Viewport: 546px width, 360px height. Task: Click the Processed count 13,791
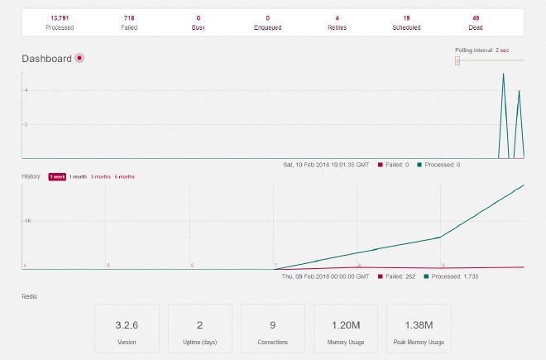coord(60,17)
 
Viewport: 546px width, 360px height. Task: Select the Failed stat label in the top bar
coord(129,27)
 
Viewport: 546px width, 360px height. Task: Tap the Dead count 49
coord(476,17)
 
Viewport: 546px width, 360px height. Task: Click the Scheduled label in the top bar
coord(406,27)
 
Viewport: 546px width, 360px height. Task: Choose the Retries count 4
coord(337,17)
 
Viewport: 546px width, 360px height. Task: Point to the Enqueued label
coord(267,27)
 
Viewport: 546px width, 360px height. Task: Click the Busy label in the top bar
coord(199,27)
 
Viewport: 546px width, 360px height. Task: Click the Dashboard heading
coord(46,59)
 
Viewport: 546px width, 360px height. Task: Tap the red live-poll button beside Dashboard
coord(79,58)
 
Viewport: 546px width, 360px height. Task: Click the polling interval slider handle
coord(457,60)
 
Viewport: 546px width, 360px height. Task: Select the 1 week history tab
coord(57,176)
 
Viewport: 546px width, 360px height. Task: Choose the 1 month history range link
coord(78,176)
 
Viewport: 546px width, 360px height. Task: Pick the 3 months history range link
coord(100,176)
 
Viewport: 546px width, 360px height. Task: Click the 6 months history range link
coord(125,176)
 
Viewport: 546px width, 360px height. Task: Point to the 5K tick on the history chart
coord(27,221)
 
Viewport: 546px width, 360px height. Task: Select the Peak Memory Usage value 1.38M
coord(419,325)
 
